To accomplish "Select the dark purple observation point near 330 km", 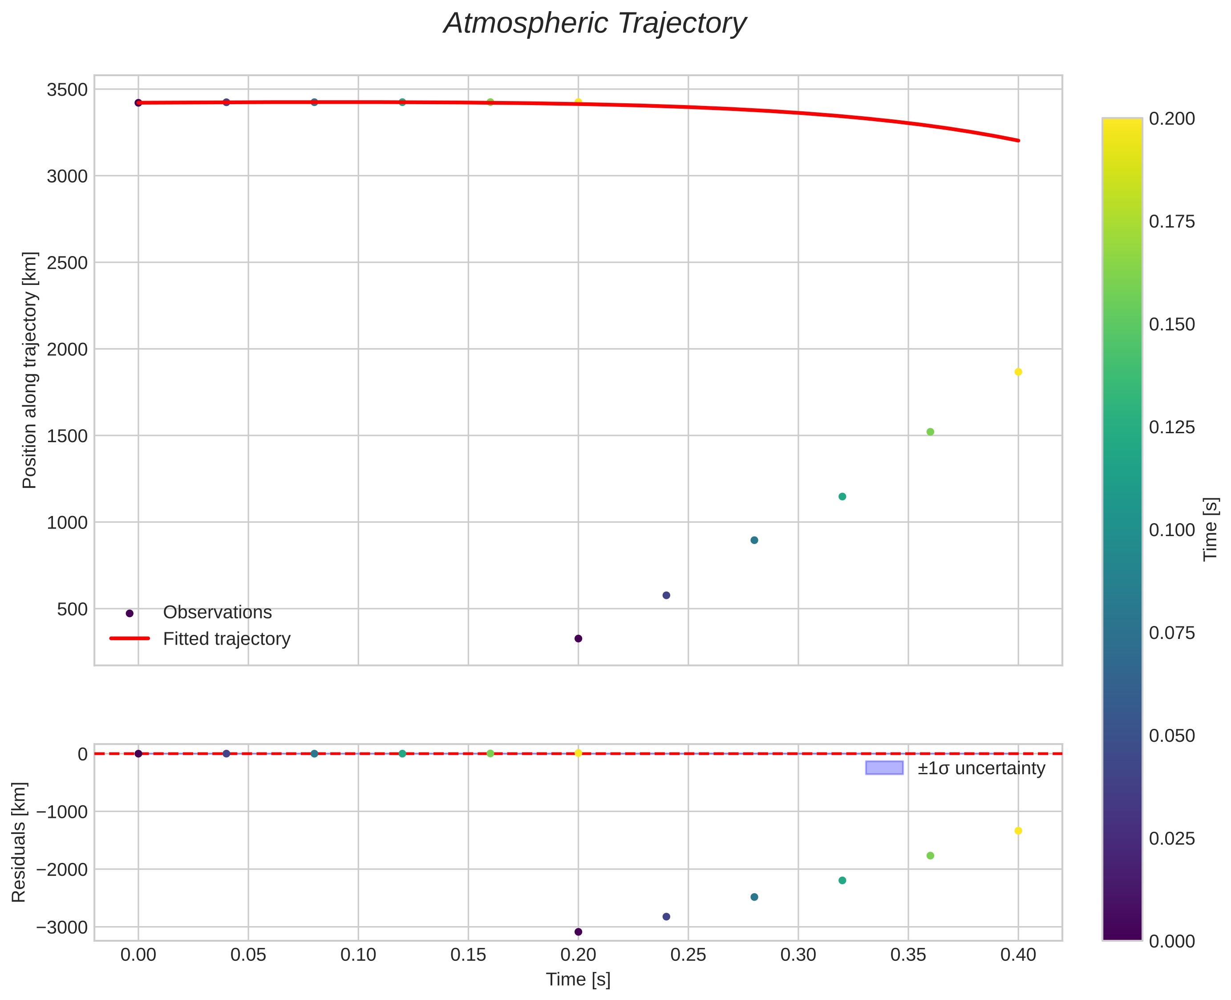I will point(578,638).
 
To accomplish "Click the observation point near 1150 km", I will point(842,496).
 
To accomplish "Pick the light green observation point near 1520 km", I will point(930,432).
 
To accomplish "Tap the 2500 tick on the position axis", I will point(67,263).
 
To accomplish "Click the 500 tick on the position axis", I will point(72,610).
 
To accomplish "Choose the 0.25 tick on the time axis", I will point(688,955).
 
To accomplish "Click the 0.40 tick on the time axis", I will point(1018,955).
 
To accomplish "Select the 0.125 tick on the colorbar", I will point(1172,427).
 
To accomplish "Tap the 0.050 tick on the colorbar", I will point(1172,736).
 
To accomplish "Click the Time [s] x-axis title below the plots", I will point(578,979).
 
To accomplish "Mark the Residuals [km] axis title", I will point(19,842).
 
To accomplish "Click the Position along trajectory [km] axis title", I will point(29,370).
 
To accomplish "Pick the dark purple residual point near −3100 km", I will point(578,932).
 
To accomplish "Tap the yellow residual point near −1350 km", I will point(1018,831).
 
